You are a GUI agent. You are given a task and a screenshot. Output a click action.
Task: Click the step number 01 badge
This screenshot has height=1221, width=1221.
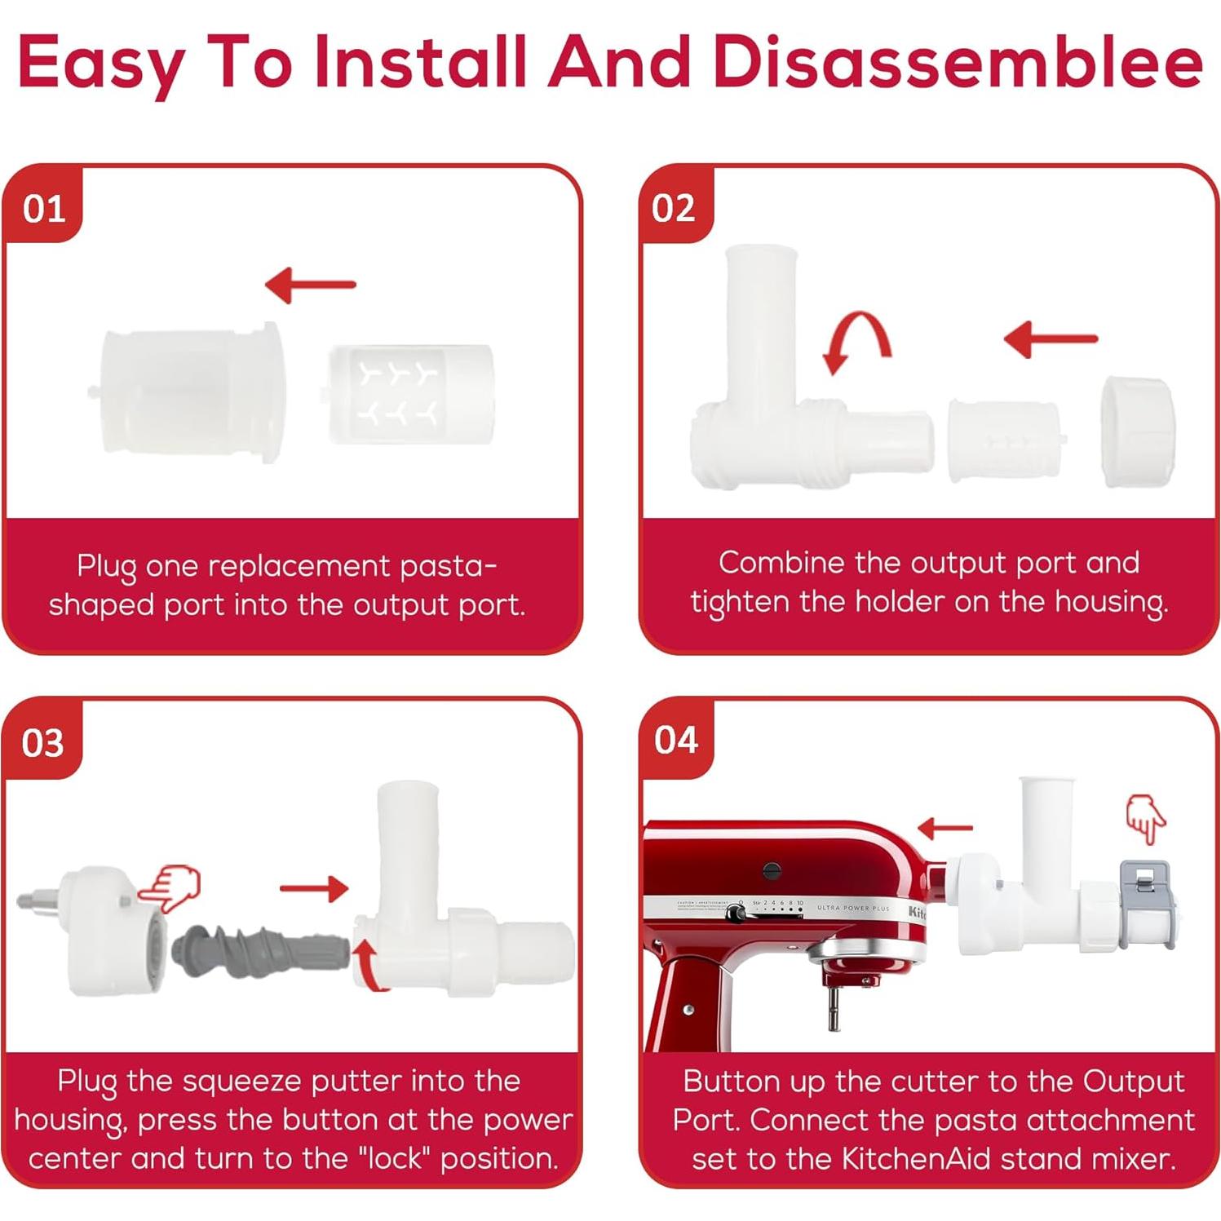(x=44, y=210)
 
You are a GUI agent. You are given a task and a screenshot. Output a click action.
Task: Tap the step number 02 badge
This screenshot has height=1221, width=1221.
(x=674, y=209)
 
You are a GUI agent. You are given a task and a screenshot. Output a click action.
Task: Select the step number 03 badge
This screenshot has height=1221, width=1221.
(x=43, y=743)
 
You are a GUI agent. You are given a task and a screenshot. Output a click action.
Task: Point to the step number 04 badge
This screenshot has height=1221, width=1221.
(x=676, y=741)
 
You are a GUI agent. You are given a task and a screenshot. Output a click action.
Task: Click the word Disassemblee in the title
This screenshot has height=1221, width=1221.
(x=957, y=62)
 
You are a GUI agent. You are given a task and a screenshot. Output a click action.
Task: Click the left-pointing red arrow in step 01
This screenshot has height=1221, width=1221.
(x=310, y=285)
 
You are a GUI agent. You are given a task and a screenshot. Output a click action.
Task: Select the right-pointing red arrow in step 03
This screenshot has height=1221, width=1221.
(x=314, y=888)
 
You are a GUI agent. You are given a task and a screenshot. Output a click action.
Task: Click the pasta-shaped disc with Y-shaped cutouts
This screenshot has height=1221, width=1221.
(x=410, y=395)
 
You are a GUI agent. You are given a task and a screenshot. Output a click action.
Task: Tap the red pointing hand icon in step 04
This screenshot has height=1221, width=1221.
(x=1145, y=818)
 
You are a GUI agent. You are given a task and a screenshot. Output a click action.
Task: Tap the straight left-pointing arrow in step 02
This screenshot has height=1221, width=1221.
(x=1051, y=338)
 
